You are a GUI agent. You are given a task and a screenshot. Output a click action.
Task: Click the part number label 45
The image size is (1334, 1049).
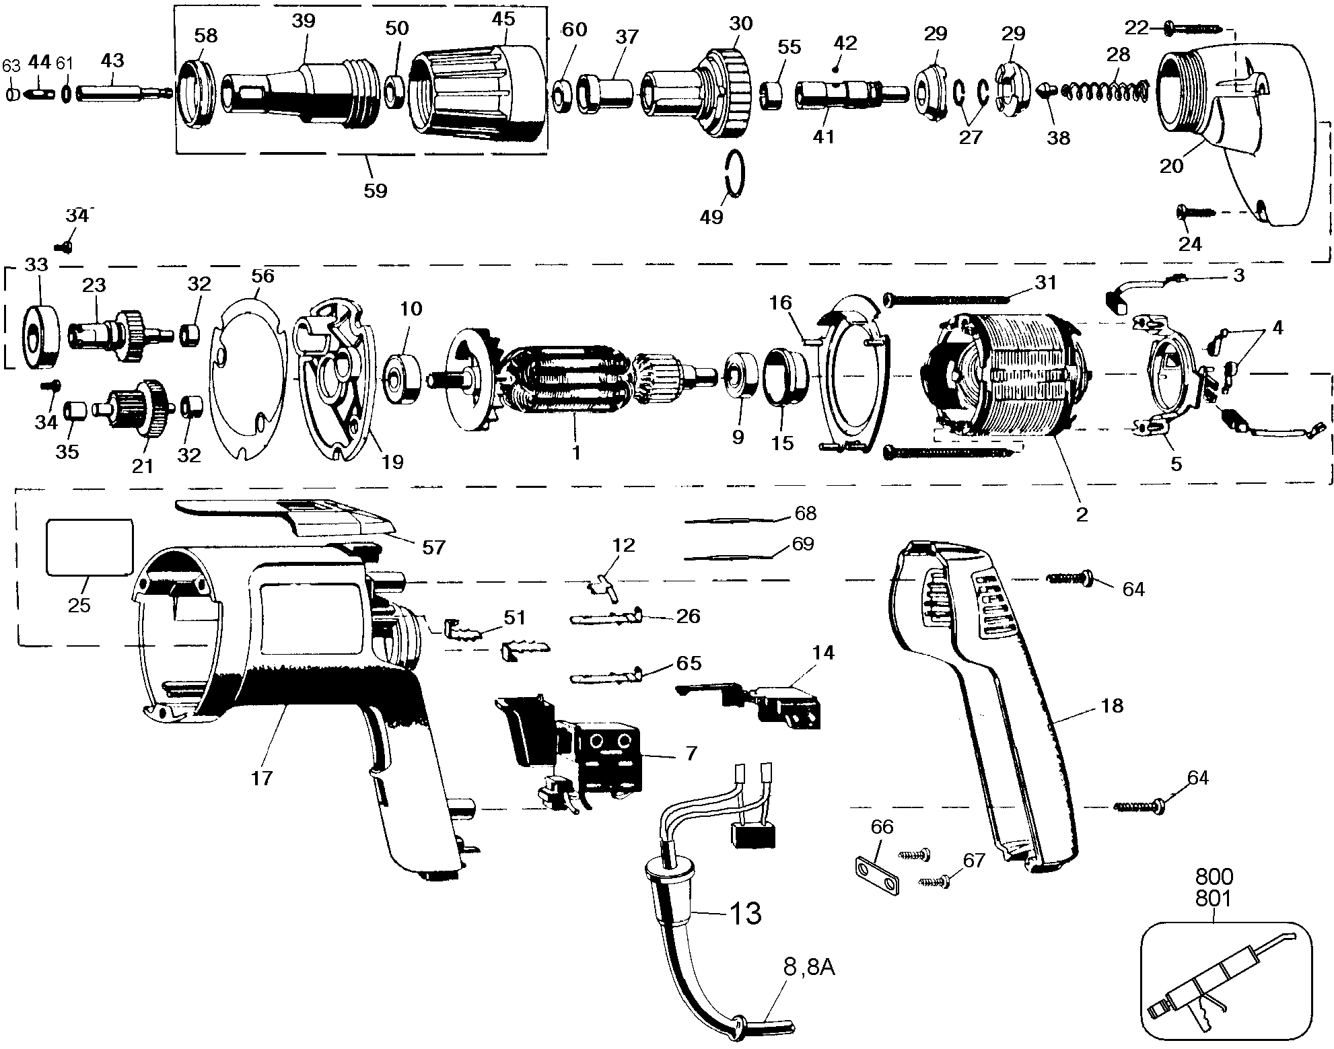pos(503,19)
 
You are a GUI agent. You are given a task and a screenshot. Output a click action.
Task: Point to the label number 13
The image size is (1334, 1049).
pos(745,913)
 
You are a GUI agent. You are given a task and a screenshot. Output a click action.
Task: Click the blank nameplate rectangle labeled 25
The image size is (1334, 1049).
pos(89,547)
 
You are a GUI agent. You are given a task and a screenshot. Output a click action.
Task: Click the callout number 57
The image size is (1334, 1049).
pos(434,547)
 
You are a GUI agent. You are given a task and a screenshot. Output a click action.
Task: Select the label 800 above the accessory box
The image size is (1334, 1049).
pos(1214,877)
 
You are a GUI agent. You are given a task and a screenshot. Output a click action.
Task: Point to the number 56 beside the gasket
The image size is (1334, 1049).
pos(262,276)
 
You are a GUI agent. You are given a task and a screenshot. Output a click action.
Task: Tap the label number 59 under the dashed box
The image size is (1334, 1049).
pos(376,190)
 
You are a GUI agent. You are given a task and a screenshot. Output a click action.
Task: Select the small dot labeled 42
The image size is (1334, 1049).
pos(835,69)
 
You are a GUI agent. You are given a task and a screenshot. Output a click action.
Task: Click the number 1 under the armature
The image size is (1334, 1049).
pos(576,452)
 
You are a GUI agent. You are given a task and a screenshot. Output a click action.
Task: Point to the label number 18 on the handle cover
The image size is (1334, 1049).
pos(1113,705)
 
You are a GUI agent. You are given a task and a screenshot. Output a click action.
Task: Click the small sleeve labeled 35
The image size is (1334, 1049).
pos(73,410)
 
